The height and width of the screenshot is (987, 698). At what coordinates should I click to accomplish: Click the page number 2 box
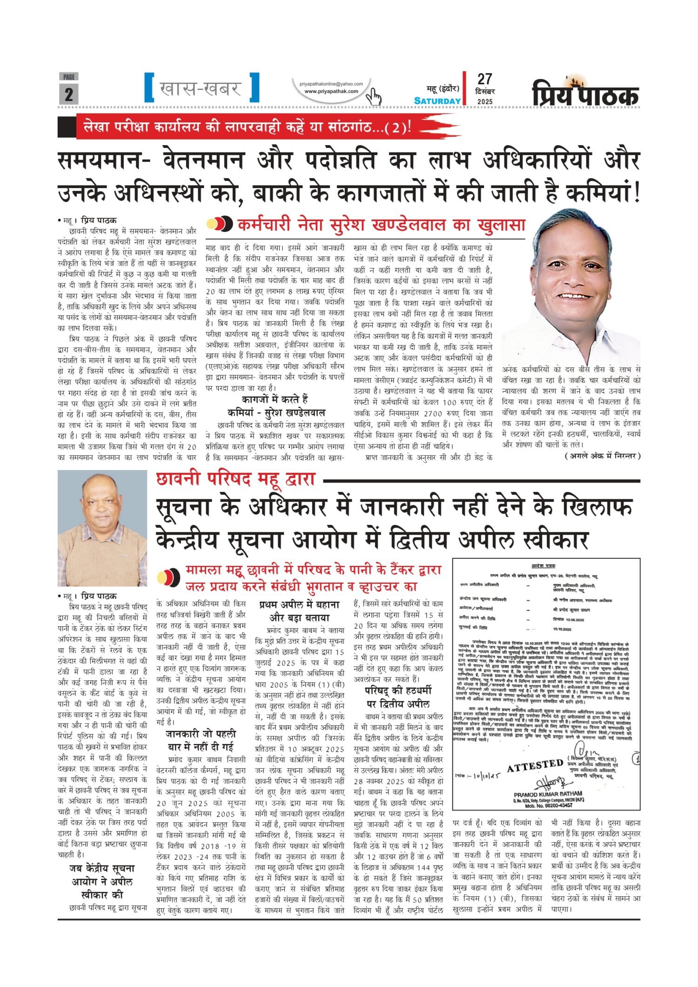click(x=68, y=94)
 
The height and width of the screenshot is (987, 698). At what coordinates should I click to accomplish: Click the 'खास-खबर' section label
click(x=201, y=88)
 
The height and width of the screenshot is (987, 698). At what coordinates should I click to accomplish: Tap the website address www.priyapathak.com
click(x=331, y=91)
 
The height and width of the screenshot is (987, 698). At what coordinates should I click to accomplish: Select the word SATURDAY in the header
click(x=437, y=101)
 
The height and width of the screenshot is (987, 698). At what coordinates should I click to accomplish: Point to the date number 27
click(x=484, y=79)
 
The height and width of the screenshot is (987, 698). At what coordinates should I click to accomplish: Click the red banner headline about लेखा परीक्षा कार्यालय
click(x=247, y=127)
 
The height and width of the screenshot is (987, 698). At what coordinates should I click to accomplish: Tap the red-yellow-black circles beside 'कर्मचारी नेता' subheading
click(x=219, y=224)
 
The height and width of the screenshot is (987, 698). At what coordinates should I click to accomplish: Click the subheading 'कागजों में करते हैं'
click(x=275, y=399)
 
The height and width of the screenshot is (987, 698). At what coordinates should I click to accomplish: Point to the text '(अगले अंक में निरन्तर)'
click(x=603, y=456)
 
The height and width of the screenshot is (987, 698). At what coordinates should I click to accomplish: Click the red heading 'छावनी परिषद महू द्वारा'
click(x=236, y=479)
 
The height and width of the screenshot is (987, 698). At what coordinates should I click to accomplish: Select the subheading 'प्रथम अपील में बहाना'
click(x=299, y=605)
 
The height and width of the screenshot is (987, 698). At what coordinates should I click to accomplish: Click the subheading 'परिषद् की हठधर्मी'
click(x=398, y=691)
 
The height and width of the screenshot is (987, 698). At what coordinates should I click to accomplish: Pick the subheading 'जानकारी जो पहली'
click(x=201, y=734)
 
